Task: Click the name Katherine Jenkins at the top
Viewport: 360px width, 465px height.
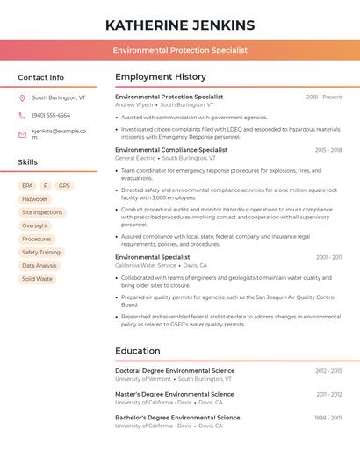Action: coord(180,25)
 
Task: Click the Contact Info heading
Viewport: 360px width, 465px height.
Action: coord(40,77)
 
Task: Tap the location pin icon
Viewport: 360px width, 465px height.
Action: coord(22,98)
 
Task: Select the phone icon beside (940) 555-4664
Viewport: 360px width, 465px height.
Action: coord(22,115)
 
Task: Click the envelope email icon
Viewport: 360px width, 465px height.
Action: coord(22,134)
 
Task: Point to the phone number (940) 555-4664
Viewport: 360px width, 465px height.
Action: coord(51,115)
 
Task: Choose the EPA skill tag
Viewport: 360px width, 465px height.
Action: coord(27,186)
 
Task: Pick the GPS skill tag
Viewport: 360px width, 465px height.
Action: coord(64,186)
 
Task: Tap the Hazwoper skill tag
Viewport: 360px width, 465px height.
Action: coord(35,199)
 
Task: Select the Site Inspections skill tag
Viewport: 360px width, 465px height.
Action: coord(42,212)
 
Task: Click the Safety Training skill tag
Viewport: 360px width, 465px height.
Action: coord(41,253)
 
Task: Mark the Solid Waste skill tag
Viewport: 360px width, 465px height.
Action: coord(37,279)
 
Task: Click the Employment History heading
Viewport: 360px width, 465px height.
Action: coord(161,77)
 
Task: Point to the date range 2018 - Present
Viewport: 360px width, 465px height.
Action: coord(324,97)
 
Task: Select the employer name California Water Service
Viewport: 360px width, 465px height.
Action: coord(146,265)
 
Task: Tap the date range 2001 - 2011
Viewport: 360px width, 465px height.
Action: coord(329,257)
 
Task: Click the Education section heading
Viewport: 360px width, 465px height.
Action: coord(138,351)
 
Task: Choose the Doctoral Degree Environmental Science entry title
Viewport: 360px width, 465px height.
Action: coord(175,371)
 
